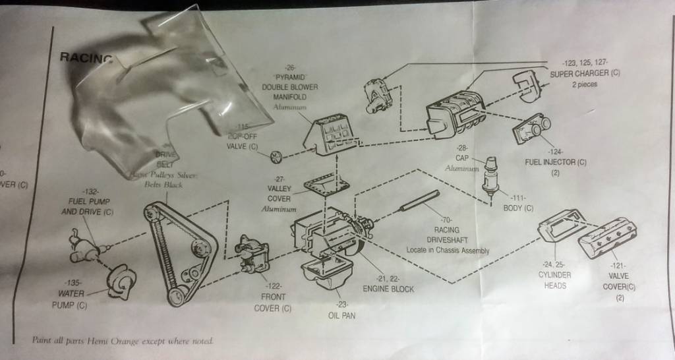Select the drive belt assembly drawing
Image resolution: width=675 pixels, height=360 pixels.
(177, 253)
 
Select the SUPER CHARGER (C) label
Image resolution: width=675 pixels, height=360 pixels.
(585, 74)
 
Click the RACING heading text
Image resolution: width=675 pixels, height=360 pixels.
(86, 57)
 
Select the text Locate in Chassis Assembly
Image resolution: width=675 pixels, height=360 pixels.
(448, 250)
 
